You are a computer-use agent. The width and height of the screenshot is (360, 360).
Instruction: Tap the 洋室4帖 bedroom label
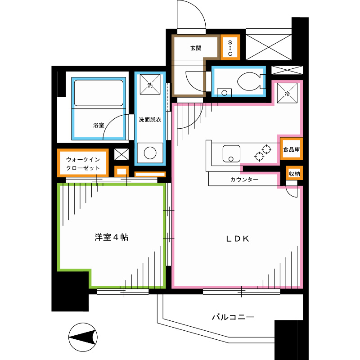tap(112, 237)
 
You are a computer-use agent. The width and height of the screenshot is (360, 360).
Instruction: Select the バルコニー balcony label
tap(233, 317)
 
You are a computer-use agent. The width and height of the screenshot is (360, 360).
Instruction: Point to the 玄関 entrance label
tap(195, 48)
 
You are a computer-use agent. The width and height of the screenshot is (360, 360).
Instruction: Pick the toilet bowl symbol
tap(247, 82)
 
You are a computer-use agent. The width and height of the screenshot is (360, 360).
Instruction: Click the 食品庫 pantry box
tap(291, 149)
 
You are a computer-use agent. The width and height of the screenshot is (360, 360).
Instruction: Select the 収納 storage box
tap(294, 173)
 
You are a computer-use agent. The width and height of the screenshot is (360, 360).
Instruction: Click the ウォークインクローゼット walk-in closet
tap(83, 163)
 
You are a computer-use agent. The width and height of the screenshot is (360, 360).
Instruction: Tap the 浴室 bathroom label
tap(99, 126)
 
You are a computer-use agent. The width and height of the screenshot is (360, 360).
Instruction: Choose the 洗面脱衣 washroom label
tap(150, 120)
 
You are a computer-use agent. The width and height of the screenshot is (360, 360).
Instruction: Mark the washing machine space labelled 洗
tap(150, 85)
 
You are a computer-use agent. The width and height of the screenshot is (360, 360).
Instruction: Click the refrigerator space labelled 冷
tap(287, 94)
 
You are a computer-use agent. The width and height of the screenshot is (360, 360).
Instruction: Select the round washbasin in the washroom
tap(150, 153)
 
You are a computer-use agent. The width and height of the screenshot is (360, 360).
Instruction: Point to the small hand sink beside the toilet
tap(224, 93)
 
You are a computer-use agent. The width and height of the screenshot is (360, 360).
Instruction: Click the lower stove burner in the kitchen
tap(259, 156)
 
